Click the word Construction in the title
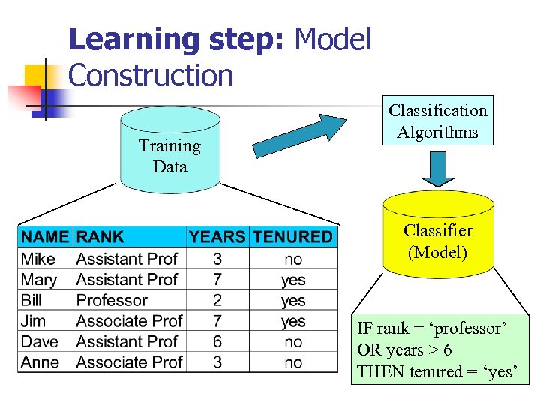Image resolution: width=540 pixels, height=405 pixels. pos(151,75)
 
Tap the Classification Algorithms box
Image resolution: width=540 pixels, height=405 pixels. pos(437,121)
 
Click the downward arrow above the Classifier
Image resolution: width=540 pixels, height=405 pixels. pos(437,169)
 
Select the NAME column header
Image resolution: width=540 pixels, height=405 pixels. pos(45,237)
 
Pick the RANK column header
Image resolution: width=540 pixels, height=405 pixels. pos(100,237)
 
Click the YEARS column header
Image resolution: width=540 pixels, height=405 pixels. pos(217,237)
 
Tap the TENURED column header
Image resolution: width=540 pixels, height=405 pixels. pos(292,237)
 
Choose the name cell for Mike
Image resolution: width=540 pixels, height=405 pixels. pos(38,259)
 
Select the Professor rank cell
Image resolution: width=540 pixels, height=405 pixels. pos(112,300)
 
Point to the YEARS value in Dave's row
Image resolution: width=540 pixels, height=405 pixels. pos(217,341)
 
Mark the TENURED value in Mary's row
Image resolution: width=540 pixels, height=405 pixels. pos(293,280)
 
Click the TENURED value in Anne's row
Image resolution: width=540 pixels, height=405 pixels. pos(293,362)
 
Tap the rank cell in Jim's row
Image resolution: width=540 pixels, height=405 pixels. pos(129,321)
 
